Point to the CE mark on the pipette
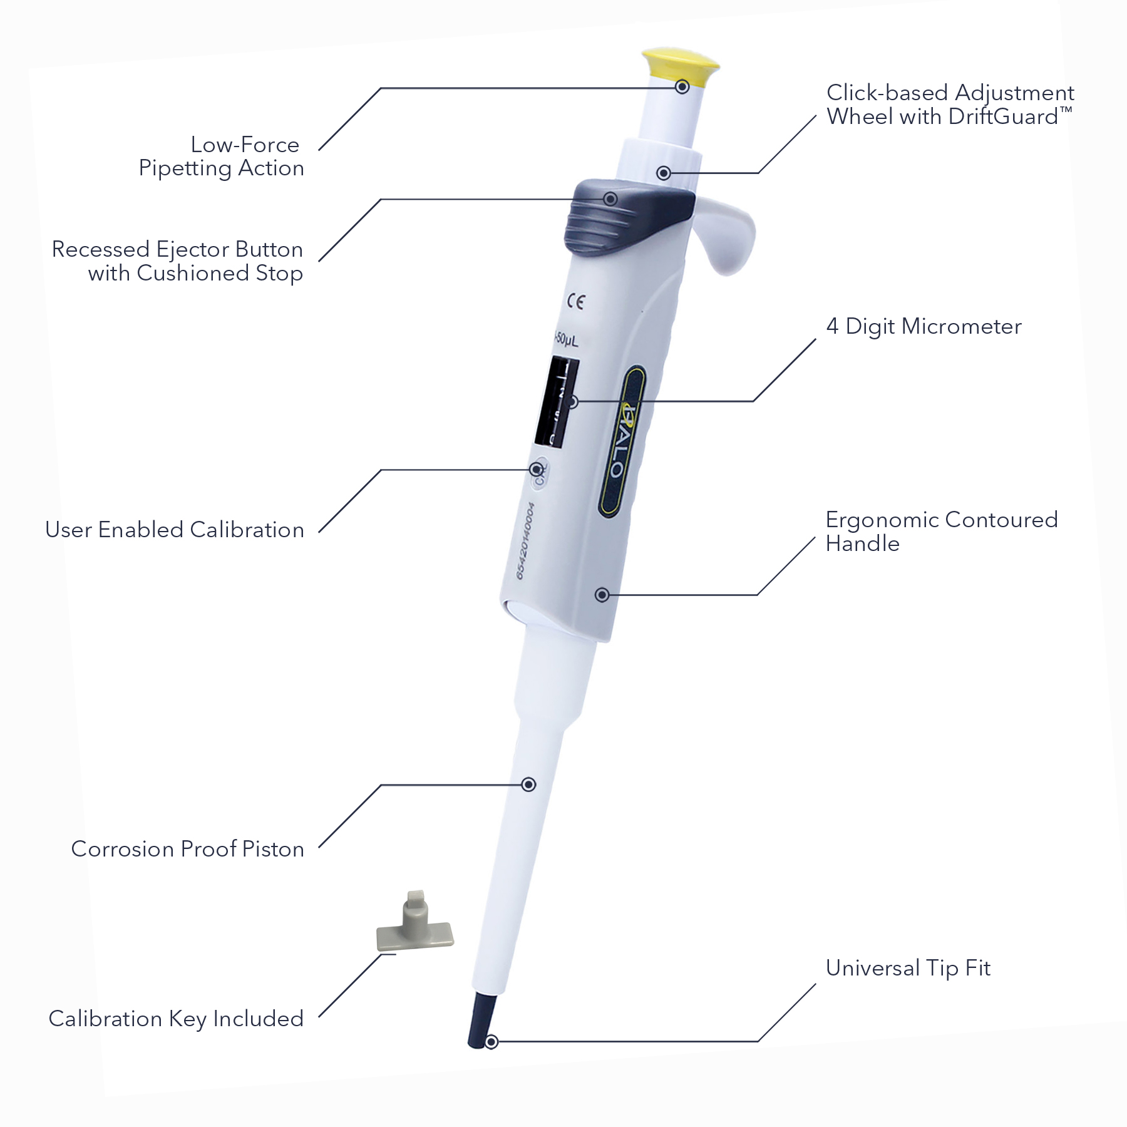(x=575, y=302)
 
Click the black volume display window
(x=556, y=401)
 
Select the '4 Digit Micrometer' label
(x=924, y=326)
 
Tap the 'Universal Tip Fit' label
(x=908, y=968)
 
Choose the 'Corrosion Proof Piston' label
(x=187, y=849)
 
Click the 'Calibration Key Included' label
(x=176, y=1019)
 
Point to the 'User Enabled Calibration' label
(x=175, y=530)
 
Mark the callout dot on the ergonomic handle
(x=602, y=594)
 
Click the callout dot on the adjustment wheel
(x=664, y=173)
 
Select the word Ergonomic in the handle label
(x=882, y=520)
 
